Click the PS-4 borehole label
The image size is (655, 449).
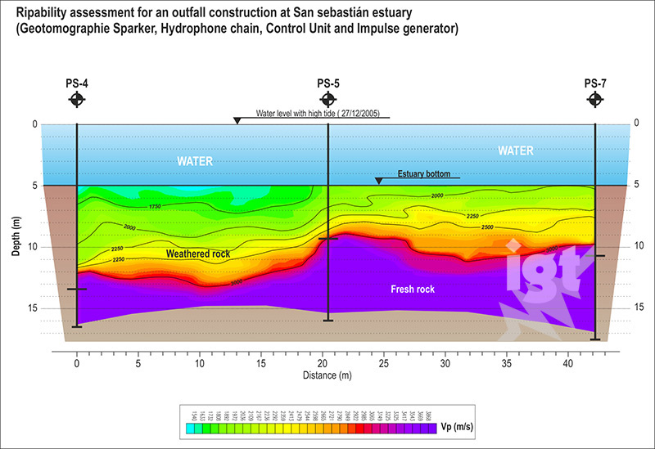76,83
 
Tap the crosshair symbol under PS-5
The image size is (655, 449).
327,99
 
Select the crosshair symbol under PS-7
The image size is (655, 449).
595,99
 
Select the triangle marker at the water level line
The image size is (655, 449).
237,121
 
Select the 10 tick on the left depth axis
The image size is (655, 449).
34,247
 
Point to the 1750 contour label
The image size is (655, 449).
160,207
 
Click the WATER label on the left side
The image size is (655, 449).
196,161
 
